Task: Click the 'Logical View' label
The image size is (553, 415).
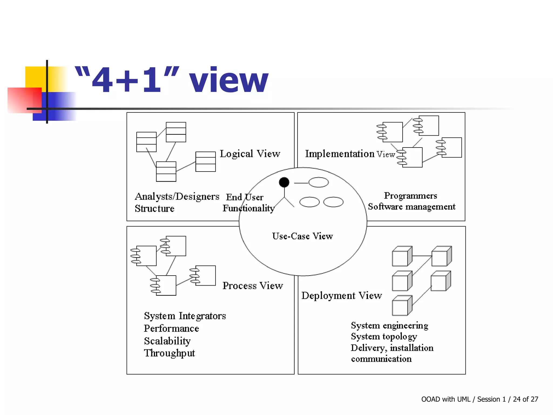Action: click(x=250, y=154)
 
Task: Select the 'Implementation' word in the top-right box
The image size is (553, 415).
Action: click(x=340, y=154)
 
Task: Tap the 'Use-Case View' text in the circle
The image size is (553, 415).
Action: click(x=302, y=236)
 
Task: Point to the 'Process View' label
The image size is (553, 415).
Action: click(x=252, y=286)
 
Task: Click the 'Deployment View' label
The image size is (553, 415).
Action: click(x=342, y=296)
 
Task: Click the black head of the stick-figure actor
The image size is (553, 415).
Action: click(x=284, y=182)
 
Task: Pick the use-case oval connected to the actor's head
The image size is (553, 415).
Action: click(x=318, y=182)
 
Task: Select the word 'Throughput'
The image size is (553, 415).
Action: click(x=169, y=353)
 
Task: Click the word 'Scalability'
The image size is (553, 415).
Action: click(x=167, y=341)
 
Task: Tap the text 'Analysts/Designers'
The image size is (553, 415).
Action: click(x=177, y=196)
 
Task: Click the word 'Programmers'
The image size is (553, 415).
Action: click(x=410, y=195)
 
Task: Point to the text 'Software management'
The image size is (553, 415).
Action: click(x=412, y=207)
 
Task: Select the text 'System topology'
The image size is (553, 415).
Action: click(x=384, y=337)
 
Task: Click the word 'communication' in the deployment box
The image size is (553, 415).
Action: click(x=381, y=359)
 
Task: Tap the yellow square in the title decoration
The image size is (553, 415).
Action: click(x=35, y=77)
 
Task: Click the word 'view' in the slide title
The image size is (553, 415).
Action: click(x=228, y=80)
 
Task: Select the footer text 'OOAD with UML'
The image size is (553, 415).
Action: click(x=446, y=399)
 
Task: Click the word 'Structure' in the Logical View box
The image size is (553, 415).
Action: click(x=154, y=209)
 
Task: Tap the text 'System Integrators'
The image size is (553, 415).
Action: click(x=185, y=316)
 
